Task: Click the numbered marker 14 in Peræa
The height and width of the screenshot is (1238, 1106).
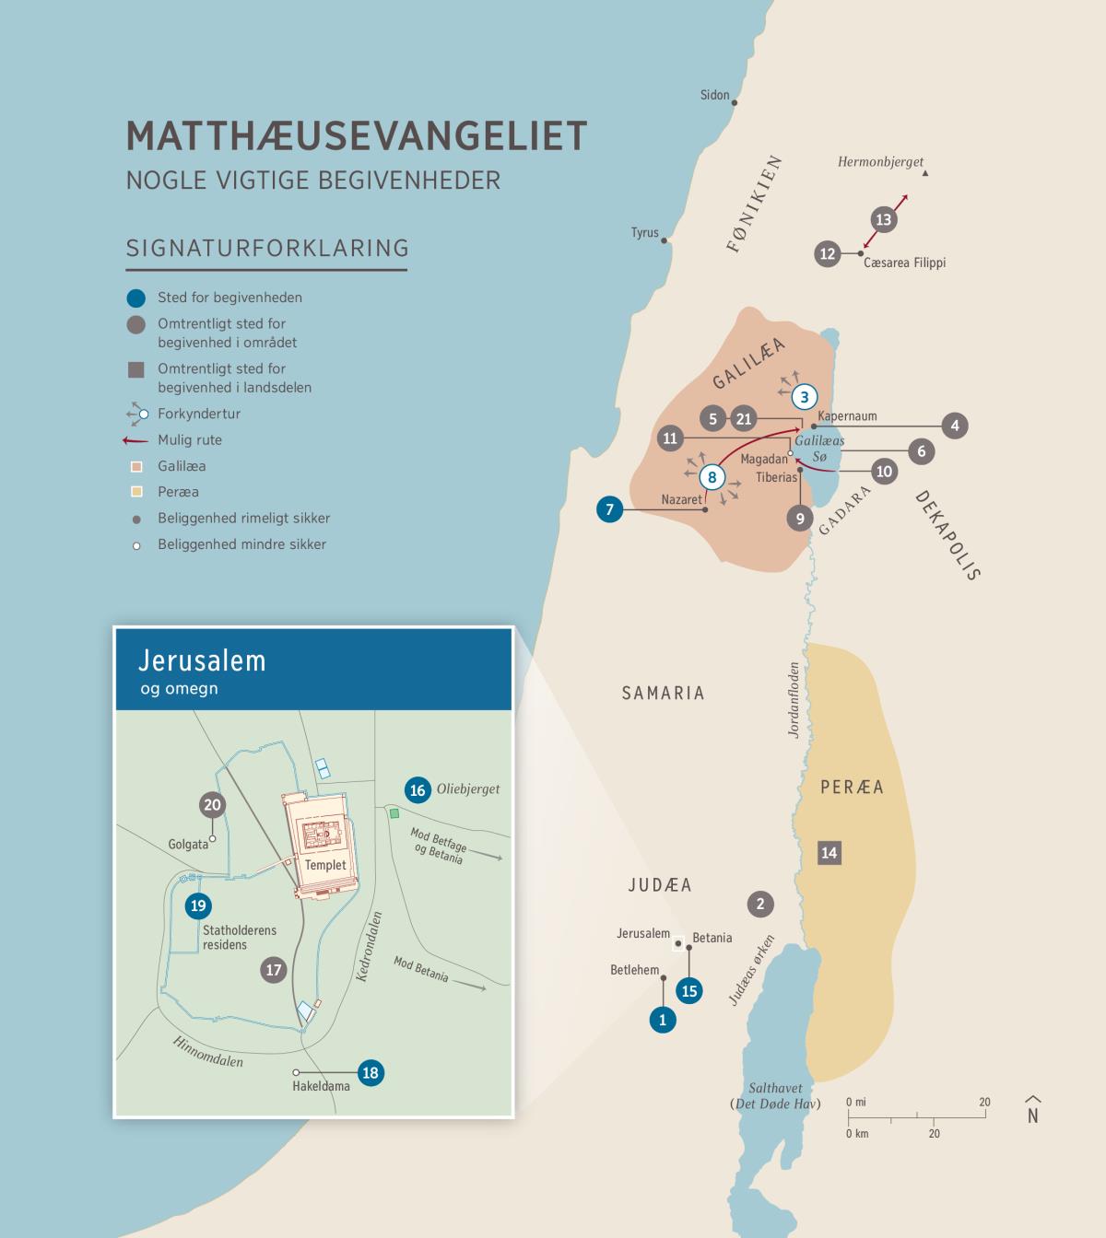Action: [829, 852]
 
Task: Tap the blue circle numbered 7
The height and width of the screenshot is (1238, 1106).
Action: [609, 508]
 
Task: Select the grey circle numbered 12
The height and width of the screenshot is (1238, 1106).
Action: [828, 253]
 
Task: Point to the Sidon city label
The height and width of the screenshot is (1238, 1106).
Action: [714, 95]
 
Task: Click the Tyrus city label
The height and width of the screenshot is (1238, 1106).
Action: [644, 232]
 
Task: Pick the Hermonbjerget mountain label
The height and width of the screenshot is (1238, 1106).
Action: [879, 162]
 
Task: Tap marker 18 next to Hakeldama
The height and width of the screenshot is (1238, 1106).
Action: [371, 1072]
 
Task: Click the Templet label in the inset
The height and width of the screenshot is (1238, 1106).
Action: [325, 865]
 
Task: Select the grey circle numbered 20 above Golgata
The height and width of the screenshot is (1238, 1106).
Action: [212, 805]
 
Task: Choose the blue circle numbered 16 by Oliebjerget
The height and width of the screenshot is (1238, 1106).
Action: [418, 789]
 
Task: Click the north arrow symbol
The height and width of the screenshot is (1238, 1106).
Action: [1032, 1110]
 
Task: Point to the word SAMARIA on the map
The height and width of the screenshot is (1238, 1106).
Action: [663, 693]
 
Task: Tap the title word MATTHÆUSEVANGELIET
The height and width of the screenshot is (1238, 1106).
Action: [356, 135]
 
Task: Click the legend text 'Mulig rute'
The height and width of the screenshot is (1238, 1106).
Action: [189, 440]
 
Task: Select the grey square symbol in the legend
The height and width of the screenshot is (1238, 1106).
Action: [136, 370]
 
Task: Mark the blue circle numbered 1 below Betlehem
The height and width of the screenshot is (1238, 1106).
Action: [662, 1020]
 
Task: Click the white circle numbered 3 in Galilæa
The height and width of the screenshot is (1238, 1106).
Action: [805, 397]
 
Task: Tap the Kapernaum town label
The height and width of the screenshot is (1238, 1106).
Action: [847, 416]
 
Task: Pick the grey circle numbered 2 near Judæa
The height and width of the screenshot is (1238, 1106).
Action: [760, 904]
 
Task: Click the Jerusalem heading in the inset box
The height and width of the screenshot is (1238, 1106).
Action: [202, 660]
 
